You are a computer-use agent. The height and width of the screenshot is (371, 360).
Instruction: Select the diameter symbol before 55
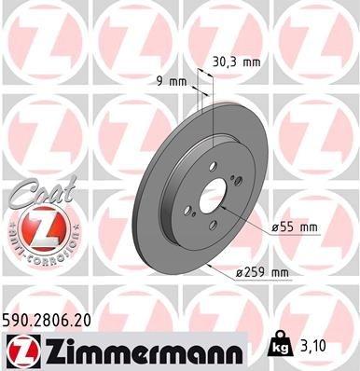click(276, 227)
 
